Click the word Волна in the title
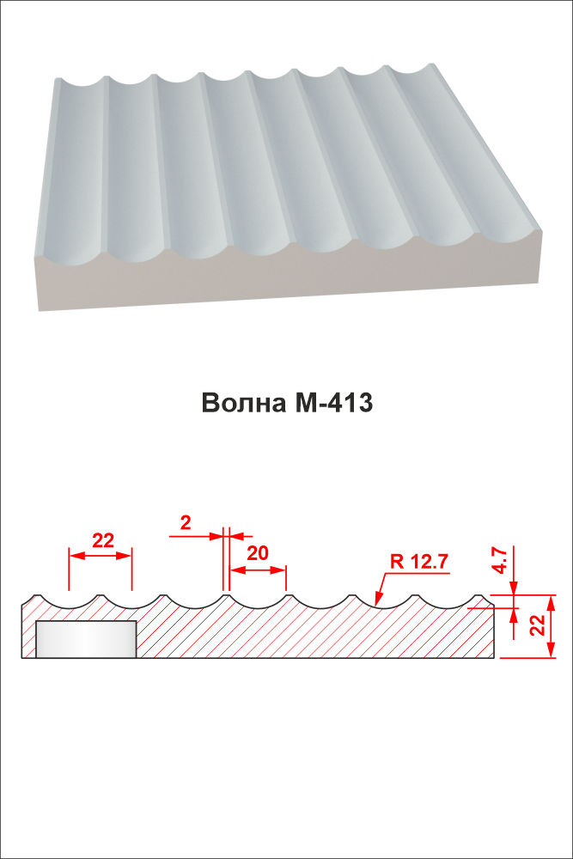pos(244,403)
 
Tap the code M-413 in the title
pos(333,403)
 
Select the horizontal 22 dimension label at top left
pos(102,540)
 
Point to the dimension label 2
pos(186,523)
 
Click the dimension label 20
pos(258,553)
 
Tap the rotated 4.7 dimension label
pos(499,559)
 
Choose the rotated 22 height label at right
pos(538,624)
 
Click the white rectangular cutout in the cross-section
pos(86,639)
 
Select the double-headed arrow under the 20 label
pos(258,570)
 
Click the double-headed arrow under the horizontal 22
pos(100,556)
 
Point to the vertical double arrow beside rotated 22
pos(551,626)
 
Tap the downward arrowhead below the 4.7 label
pos(514,588)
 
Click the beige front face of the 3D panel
pos(288,273)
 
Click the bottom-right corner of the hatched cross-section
pos(494,657)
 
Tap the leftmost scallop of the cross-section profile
pos(68,601)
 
